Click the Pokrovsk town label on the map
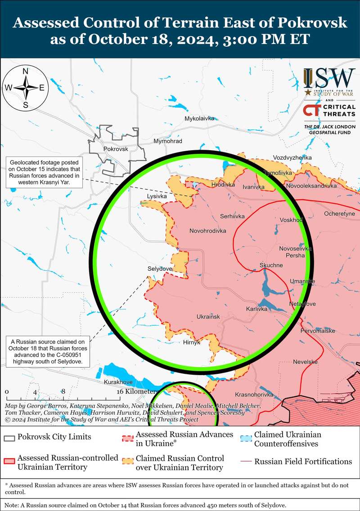pos(116,149)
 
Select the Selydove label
pos(160,269)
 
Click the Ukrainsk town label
pos(208,317)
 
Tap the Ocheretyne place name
pos(339,214)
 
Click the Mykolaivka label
pos(199,119)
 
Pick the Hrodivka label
pos(223,185)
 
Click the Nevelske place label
pos(305,362)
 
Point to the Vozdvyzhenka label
pos(292,158)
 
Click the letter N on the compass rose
pos(26,71)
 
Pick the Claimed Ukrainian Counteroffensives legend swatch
pos(246,437)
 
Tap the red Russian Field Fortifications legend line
pos(246,462)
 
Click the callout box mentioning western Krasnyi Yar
pos(44,172)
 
